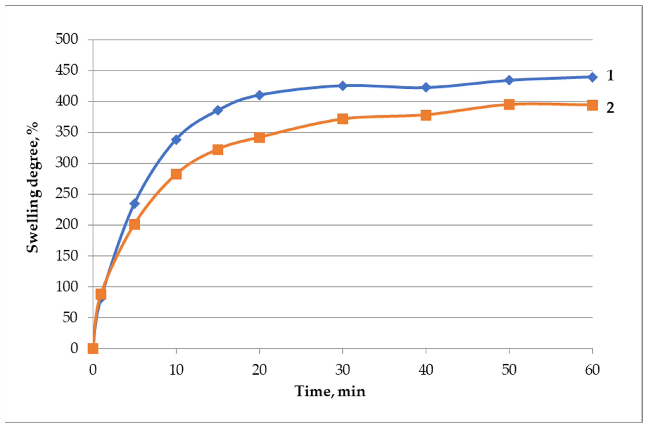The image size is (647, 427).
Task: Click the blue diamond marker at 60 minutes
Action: tap(592, 77)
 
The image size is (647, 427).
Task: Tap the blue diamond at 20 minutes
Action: tap(259, 95)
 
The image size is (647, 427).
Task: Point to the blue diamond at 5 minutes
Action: tap(135, 203)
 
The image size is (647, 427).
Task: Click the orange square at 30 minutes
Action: tap(343, 118)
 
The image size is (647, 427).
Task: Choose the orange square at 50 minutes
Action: tap(509, 104)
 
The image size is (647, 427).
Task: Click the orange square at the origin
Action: tap(93, 348)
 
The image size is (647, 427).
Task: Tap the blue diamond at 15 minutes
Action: tap(218, 110)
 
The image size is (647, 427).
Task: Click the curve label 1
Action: tap(610, 75)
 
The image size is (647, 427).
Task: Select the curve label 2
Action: tap(610, 108)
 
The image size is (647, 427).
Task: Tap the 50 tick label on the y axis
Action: tap(70, 317)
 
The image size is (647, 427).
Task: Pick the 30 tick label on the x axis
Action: tap(343, 370)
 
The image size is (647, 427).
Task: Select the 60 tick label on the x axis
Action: tap(592, 370)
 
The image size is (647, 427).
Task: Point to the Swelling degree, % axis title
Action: tap(33, 187)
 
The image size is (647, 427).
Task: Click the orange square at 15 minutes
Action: tap(218, 150)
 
